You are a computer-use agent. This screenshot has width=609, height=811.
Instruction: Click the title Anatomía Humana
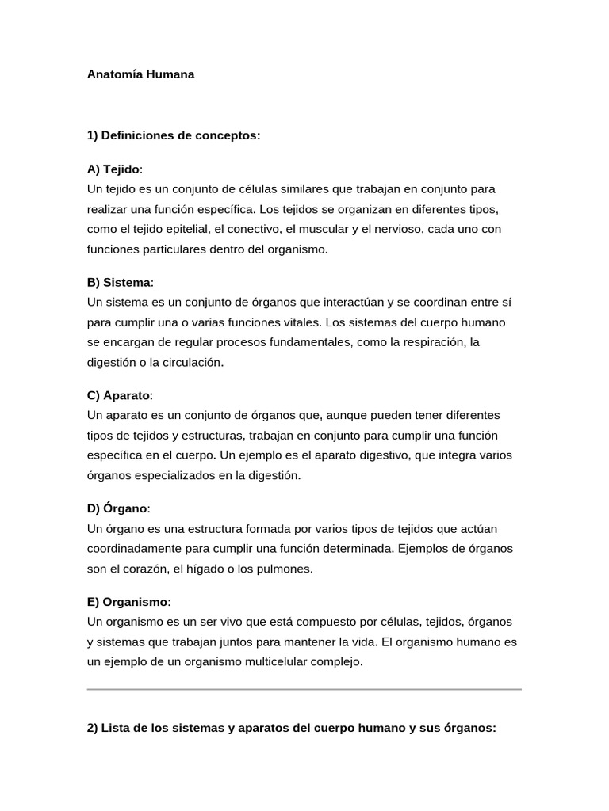(140, 75)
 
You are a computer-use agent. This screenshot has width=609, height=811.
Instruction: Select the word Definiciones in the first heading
(136, 135)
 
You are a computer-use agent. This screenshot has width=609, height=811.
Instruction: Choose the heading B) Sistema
(119, 283)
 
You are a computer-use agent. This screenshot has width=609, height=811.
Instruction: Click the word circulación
(189, 362)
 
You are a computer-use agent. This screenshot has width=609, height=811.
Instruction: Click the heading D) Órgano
(117, 508)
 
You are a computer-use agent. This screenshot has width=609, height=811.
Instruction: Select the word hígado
(228, 569)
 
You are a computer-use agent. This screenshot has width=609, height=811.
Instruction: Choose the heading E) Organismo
(128, 602)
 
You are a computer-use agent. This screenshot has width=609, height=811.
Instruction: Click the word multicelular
(271, 662)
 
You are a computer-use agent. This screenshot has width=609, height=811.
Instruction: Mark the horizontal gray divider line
(304, 689)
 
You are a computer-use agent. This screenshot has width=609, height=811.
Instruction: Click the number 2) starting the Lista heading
(92, 729)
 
